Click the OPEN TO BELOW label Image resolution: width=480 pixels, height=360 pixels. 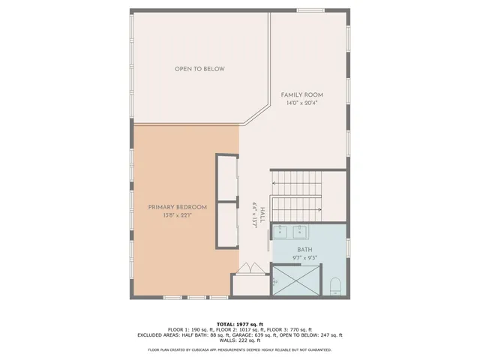[199, 69]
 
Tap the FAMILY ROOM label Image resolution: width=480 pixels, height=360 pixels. [302, 94]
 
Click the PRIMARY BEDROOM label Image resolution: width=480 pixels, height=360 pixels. [177, 207]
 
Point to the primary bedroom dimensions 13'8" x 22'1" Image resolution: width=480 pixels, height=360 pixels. [177, 215]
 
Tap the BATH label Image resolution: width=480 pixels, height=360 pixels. [304, 250]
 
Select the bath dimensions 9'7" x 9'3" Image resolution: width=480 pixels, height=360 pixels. [304, 258]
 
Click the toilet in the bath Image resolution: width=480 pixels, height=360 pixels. [335, 284]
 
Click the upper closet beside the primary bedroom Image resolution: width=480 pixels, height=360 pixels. [227, 178]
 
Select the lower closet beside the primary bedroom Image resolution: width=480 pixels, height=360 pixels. [227, 224]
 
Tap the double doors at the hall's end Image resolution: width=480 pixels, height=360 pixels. [250, 268]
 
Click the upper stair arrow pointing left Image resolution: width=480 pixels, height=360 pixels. [296, 184]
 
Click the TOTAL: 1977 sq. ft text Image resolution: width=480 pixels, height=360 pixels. [239, 323]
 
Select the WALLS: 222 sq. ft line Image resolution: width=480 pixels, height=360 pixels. [239, 340]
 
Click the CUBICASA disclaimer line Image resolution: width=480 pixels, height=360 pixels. [239, 349]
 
